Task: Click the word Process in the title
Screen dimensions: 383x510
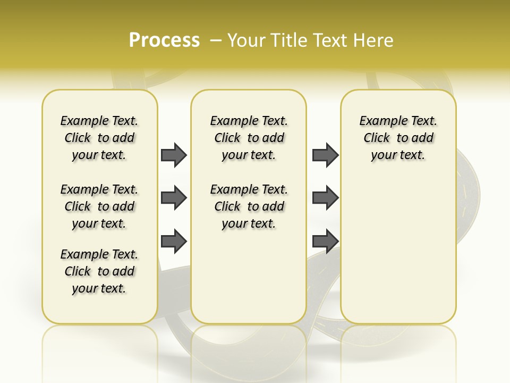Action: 164,40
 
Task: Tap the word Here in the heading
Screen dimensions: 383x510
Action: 372,40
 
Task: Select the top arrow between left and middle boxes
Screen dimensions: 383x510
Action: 174,155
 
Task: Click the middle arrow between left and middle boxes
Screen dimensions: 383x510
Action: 174,198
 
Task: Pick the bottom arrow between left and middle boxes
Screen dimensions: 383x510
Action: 174,241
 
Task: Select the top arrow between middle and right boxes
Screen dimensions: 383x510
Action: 325,155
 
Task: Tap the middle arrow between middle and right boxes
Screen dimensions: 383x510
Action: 325,198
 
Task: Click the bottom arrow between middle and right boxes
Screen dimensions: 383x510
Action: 325,241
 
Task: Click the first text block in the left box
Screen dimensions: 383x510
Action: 99,138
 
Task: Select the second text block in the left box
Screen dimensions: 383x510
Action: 99,206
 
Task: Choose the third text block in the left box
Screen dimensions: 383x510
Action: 99,271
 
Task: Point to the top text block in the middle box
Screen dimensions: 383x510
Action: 249,138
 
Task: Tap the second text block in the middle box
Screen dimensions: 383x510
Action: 249,206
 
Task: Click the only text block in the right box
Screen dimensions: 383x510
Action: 398,138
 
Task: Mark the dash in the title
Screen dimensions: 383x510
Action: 216,40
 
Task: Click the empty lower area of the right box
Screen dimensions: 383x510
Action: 398,255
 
